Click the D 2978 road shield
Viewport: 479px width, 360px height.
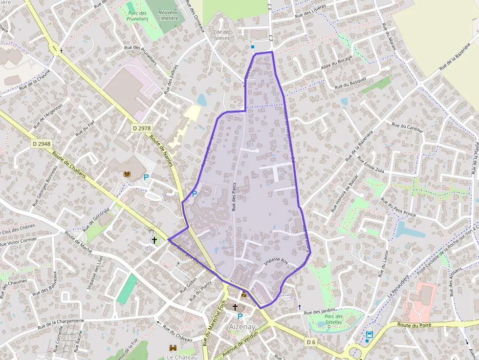pos(142,128)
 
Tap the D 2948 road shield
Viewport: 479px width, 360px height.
pos(42,144)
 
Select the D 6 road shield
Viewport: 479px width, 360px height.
pos(311,342)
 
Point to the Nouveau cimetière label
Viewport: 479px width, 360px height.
pos(168,15)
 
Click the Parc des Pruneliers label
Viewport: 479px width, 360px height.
pos(138,16)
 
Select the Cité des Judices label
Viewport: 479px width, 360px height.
pos(222,35)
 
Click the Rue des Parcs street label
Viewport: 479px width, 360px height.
pos(234,195)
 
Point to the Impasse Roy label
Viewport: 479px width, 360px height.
pos(276,261)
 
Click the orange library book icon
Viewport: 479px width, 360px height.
pos(127,174)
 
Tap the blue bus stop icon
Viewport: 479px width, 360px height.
pos(369,335)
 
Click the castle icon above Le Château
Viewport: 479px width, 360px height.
pos(172,347)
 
